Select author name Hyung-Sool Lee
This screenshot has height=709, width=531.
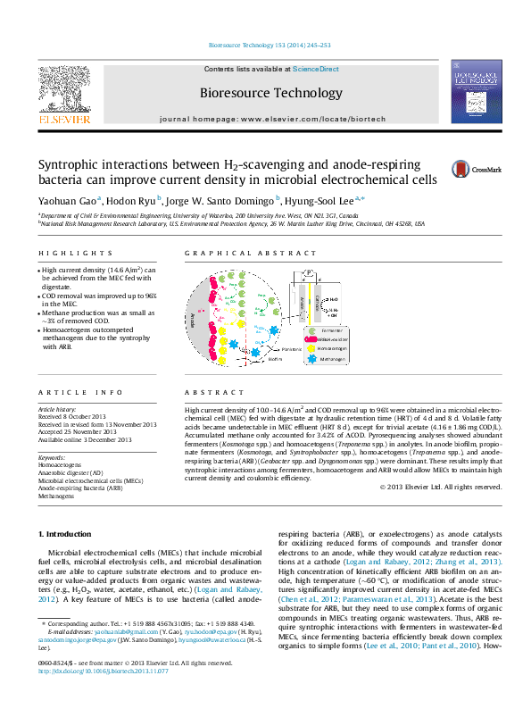[x=320, y=201]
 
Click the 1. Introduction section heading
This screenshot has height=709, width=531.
[x=67, y=534]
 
